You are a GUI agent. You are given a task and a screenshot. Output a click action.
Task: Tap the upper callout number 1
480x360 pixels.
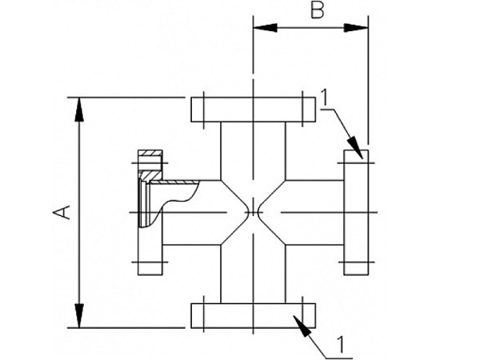pos(325,97)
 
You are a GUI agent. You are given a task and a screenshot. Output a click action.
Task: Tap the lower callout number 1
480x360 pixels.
pos(342,346)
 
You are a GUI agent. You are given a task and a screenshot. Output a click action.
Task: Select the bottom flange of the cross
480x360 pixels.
pos(253,314)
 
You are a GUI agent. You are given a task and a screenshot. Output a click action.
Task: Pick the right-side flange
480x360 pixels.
pos(356,212)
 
